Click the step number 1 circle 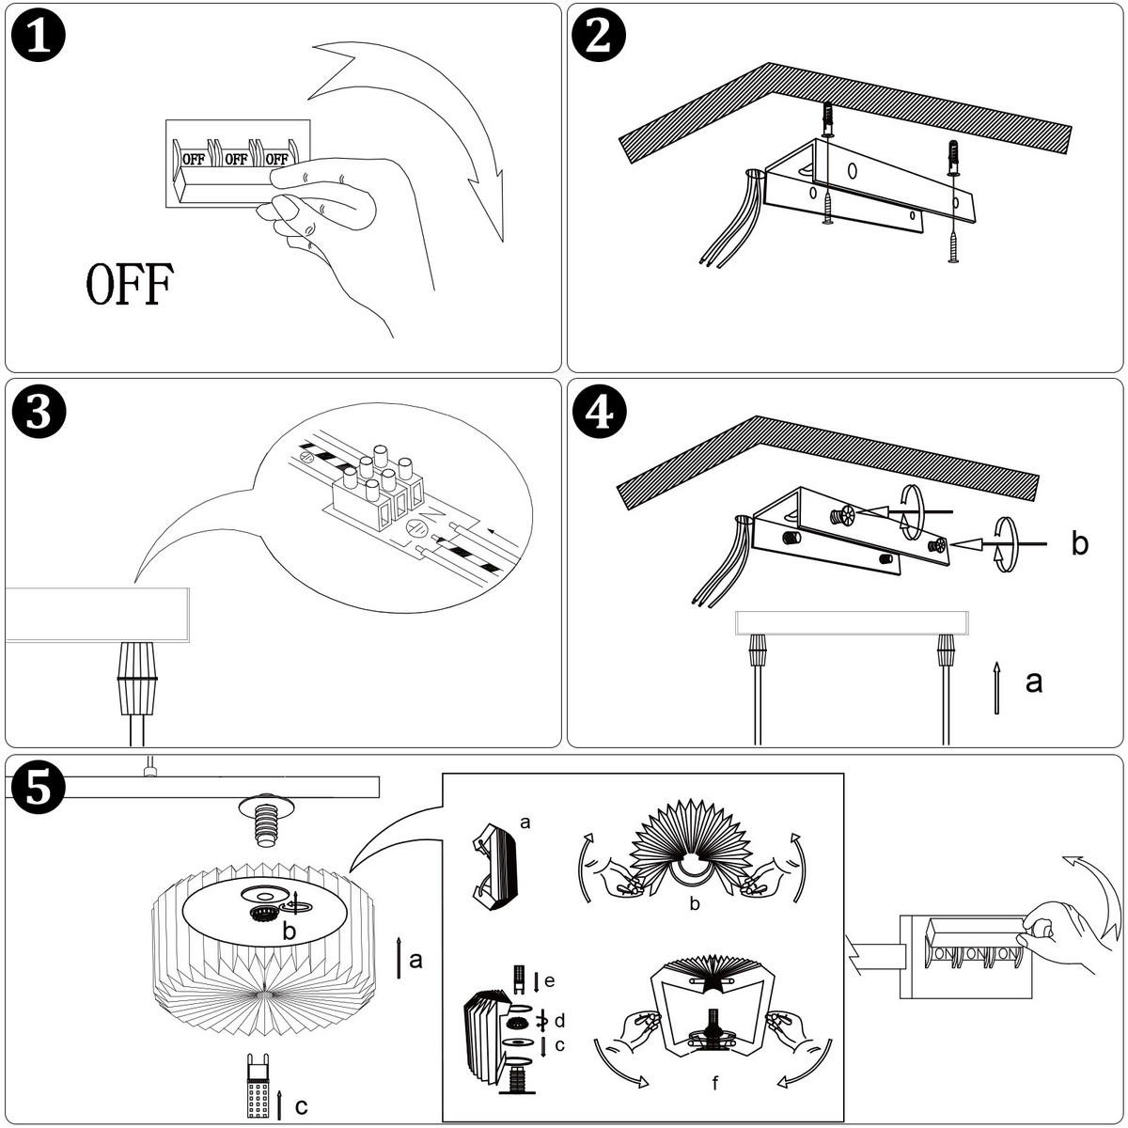click(x=39, y=39)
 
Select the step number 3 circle click(x=39, y=415)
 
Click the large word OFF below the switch click(x=129, y=286)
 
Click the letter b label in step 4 click(x=1080, y=544)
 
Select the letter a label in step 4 click(x=1034, y=681)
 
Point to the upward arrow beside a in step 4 click(x=996, y=688)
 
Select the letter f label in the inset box click(x=715, y=1084)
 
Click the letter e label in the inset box click(x=549, y=981)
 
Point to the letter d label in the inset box click(x=559, y=1020)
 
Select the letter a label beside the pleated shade click(x=415, y=960)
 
